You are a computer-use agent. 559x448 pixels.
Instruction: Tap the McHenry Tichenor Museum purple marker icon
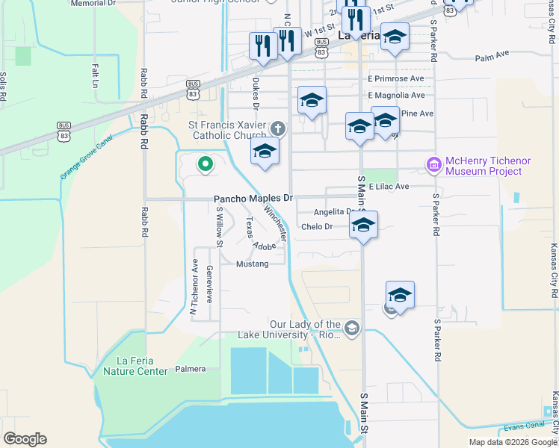coord(433,164)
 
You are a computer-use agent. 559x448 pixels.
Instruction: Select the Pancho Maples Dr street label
coord(253,199)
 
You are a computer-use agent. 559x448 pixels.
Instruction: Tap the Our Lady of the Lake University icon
coord(352,328)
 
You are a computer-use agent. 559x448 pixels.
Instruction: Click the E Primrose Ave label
coord(395,78)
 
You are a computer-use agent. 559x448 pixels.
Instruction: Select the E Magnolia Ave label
coord(396,96)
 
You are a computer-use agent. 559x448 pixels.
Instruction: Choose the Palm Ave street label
coord(491,57)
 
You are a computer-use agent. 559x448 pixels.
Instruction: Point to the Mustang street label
coord(252,264)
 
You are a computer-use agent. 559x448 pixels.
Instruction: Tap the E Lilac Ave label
coord(389,186)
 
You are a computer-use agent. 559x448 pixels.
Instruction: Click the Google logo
coord(25,439)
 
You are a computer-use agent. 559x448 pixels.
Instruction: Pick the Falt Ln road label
coord(96,75)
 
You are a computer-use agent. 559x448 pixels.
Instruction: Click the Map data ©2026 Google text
coord(512,442)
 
